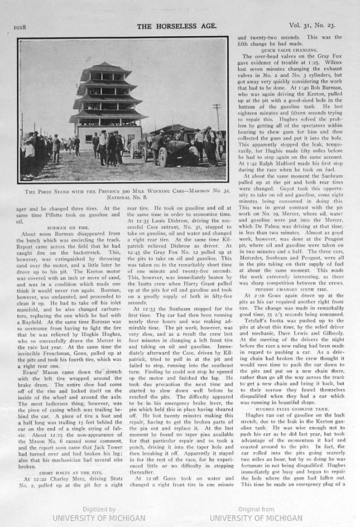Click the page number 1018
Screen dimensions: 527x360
[21, 26]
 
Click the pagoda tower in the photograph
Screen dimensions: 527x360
[108, 103]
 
